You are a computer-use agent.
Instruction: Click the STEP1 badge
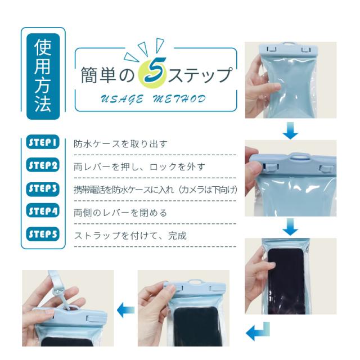click(x=43, y=142)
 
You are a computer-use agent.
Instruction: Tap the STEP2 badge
click(x=43, y=165)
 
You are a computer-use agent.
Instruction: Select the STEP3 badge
click(x=43, y=189)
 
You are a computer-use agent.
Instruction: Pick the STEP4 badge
click(x=43, y=210)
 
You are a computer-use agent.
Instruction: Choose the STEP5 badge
click(x=43, y=234)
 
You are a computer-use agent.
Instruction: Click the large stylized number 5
click(x=155, y=71)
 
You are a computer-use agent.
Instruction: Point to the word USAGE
click(x=122, y=99)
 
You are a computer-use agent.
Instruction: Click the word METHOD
click(x=179, y=99)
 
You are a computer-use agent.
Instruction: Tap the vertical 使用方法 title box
click(x=43, y=76)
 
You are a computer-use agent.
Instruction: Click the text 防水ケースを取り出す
click(x=120, y=144)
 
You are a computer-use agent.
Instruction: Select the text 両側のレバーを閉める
click(x=120, y=213)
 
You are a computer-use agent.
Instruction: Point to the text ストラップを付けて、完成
click(x=130, y=236)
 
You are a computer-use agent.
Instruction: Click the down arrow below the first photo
click(x=290, y=130)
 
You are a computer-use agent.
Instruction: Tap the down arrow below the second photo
click(x=290, y=227)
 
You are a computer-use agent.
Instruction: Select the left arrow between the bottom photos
click(x=126, y=310)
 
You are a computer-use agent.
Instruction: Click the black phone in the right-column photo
click(x=287, y=281)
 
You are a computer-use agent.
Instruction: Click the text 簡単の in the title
click(x=107, y=75)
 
